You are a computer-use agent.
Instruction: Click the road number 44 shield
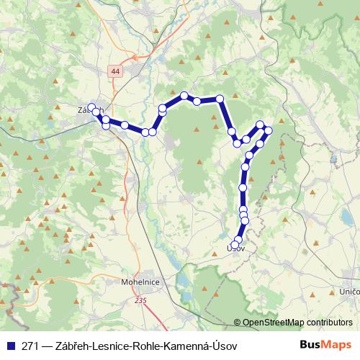[x=117, y=71]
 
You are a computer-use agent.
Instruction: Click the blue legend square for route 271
[x=10, y=346]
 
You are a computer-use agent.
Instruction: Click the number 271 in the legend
[x=31, y=346]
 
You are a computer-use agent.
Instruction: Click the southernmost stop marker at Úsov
[x=235, y=245]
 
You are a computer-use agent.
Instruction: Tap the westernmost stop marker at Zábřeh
[x=91, y=107]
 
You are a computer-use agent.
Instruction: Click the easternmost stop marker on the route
[x=269, y=130]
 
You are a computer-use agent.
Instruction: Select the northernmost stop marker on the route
[x=184, y=95]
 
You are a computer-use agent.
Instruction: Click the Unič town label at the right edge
[x=350, y=291]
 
